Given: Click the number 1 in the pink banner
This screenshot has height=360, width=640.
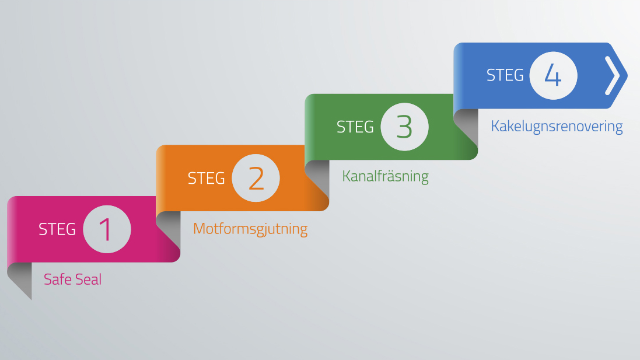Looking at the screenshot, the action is [x=106, y=229].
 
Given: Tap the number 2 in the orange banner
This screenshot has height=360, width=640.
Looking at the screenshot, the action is [x=256, y=179].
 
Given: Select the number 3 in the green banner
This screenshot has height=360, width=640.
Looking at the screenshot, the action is [x=404, y=127].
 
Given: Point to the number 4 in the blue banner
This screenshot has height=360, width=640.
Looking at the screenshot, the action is [x=553, y=75].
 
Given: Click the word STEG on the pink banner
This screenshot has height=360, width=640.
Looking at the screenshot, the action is [x=57, y=229].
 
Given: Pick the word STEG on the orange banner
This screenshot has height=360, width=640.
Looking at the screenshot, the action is [x=206, y=179].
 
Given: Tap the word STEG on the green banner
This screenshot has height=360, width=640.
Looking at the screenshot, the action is [x=355, y=127].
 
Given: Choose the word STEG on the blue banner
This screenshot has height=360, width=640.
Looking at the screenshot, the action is [x=505, y=75].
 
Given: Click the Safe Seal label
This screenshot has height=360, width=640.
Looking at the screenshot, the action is [x=73, y=279].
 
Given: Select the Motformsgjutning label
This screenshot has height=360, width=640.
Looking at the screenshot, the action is [x=250, y=229].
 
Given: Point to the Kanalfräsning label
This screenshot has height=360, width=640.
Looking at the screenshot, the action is [x=385, y=176].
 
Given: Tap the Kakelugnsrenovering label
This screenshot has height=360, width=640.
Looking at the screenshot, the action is [x=557, y=127].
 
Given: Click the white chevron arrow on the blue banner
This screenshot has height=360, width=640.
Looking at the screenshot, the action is [x=612, y=75].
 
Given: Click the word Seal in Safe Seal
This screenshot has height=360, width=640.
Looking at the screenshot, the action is [x=88, y=279].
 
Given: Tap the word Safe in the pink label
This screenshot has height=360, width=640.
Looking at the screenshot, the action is [x=57, y=279].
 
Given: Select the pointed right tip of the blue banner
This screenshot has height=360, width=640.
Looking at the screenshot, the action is [x=627, y=75].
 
